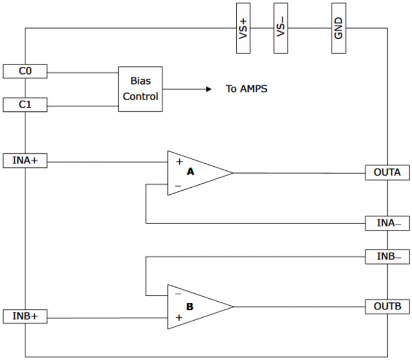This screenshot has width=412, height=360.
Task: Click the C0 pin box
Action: tap(25, 71)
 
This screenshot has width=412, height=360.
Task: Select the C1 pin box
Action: tap(25, 105)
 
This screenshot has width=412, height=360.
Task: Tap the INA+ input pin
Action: tap(25, 161)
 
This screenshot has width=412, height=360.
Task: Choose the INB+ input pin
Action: tap(25, 316)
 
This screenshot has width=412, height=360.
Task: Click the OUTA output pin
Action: tap(387, 173)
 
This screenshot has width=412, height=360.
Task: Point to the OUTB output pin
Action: tap(387, 306)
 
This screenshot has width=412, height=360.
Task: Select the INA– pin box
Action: tap(387, 224)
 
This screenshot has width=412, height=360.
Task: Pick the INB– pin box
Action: tap(387, 257)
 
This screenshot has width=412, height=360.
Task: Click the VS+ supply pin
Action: tap(243, 28)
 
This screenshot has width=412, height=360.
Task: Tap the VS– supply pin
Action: tap(281, 28)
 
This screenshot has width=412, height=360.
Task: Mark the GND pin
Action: tap(339, 28)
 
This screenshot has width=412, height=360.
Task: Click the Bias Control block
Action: tap(140, 89)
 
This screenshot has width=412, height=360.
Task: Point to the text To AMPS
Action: tap(246, 89)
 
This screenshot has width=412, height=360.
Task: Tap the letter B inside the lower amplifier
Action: tap(190, 306)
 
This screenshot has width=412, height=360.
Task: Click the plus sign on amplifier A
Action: tap(179, 162)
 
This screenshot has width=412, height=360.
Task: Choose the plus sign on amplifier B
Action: tap(179, 318)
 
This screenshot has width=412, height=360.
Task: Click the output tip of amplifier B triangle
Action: tap(233, 306)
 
